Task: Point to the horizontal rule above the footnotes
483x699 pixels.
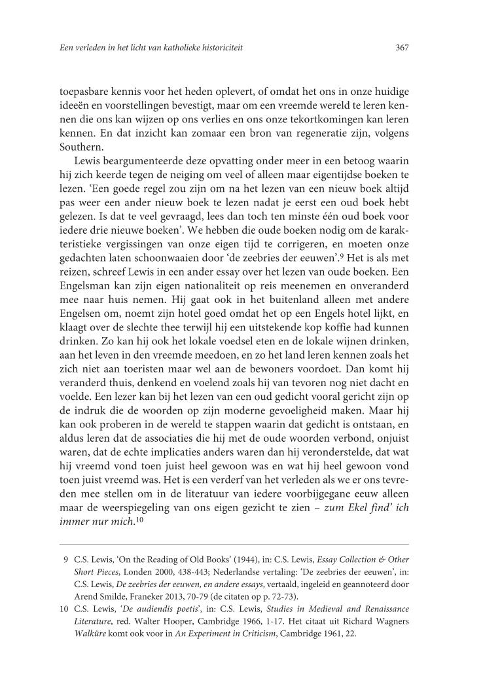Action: pyautogui.click(x=234, y=544)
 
